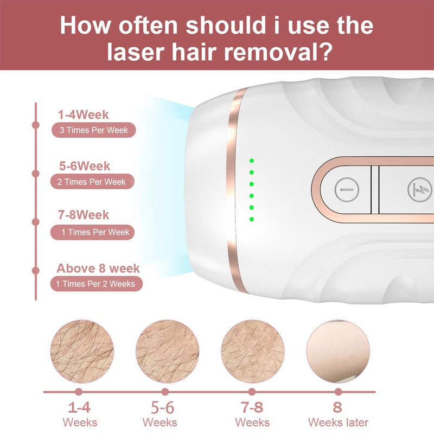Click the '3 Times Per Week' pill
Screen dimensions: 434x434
click(93, 130)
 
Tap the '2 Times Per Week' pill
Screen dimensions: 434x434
click(92, 182)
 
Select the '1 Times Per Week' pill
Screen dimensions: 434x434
click(92, 232)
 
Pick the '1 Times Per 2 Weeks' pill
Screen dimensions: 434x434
click(97, 284)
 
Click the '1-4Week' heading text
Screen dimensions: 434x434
click(83, 114)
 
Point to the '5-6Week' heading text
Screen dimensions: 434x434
click(85, 166)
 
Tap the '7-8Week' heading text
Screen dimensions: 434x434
click(84, 215)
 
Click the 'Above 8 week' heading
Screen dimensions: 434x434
click(98, 268)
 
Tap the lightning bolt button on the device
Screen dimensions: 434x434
click(419, 190)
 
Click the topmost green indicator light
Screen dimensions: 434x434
click(252, 161)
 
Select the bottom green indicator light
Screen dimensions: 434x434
click(252, 219)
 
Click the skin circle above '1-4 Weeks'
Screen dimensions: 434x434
click(82, 352)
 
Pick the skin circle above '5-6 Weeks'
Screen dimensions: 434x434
click(167, 352)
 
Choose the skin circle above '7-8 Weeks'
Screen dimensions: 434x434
click(253, 352)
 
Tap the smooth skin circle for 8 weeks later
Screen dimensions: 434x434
click(338, 352)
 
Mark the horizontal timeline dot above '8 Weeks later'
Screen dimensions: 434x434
click(338, 392)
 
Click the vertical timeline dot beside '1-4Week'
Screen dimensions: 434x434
click(36, 125)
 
